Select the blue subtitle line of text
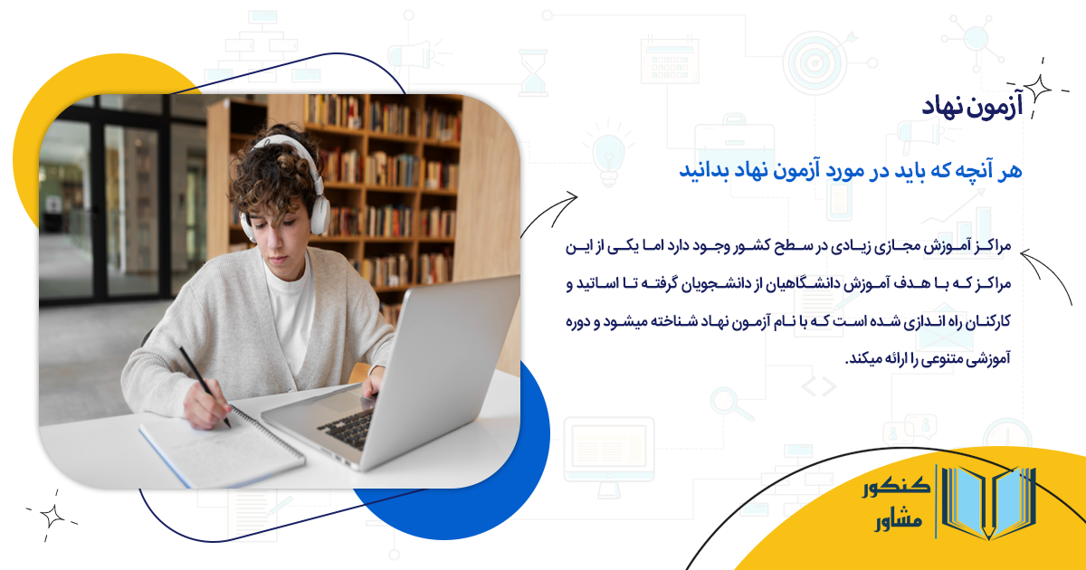pyautogui.click(x=850, y=170)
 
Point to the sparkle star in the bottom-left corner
pyautogui.click(x=52, y=515)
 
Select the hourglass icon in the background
pyautogui.click(x=533, y=71)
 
